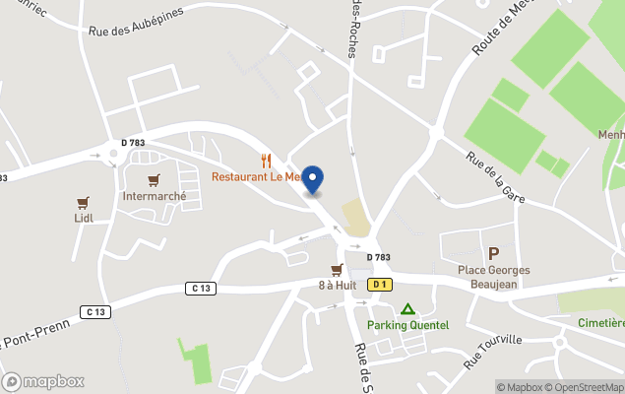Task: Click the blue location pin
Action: pos(312,178)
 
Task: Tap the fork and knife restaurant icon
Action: pos(266,160)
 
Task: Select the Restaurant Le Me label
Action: pos(255,177)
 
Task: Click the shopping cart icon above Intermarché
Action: pos(154,179)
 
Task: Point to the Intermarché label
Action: pos(154,196)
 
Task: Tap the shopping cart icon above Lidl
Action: pos(83,203)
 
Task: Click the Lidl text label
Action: pos(83,219)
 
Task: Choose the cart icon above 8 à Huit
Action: pos(337,270)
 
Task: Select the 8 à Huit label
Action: pos(337,286)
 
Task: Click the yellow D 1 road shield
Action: pos(379,285)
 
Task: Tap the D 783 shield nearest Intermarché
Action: pos(133,144)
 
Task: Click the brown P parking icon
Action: pos(493,253)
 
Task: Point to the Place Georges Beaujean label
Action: pos(493,277)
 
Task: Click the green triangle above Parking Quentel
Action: pos(407,309)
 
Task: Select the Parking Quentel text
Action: pos(407,325)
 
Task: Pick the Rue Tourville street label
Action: pos(492,353)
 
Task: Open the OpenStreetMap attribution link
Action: pos(587,387)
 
